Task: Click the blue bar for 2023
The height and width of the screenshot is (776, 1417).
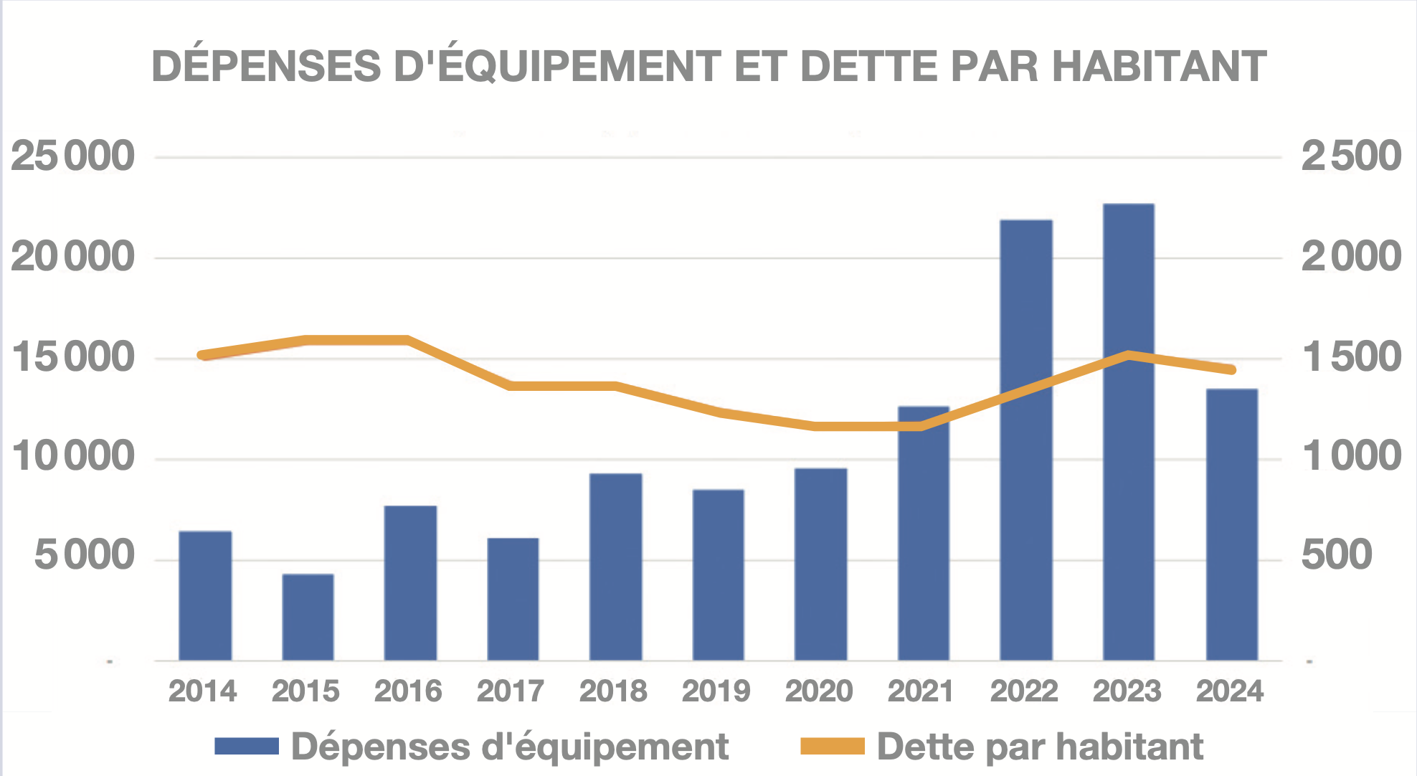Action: tap(1129, 432)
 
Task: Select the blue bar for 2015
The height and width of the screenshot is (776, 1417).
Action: tap(308, 617)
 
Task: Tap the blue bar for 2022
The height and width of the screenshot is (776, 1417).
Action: tap(1026, 440)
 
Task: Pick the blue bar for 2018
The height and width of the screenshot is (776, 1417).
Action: tap(615, 567)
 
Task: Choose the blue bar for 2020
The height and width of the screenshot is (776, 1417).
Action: tap(821, 564)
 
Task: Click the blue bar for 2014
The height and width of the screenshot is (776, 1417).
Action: tap(205, 595)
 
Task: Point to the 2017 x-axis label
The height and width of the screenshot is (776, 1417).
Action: tap(511, 691)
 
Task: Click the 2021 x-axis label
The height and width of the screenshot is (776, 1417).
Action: tap(921, 691)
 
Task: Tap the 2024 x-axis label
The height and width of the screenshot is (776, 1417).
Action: tap(1230, 691)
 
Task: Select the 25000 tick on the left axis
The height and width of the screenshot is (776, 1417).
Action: tap(72, 156)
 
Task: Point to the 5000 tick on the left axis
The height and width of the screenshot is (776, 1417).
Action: tap(85, 556)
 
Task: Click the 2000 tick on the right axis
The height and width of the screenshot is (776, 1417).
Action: tap(1351, 257)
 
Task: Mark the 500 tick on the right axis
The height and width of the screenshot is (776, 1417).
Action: tap(1337, 556)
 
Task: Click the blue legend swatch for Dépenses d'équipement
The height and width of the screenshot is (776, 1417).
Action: tap(247, 747)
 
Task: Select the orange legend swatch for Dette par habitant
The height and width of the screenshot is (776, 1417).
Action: tap(833, 747)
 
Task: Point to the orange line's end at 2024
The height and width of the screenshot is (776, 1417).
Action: tap(1232, 370)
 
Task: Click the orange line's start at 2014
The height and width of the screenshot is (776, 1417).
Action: tap(203, 355)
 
